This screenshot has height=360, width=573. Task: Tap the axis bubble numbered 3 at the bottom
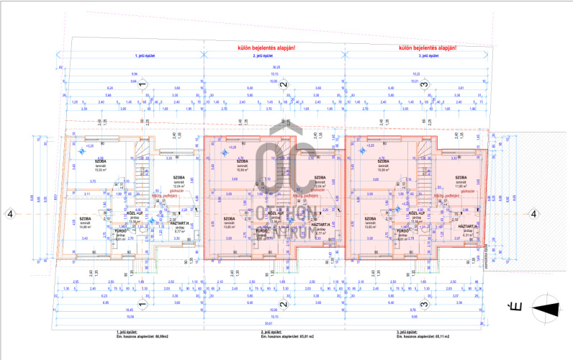click(425, 304)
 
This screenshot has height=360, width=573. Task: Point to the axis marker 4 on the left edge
click(9, 213)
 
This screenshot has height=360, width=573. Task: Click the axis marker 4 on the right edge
click(533, 213)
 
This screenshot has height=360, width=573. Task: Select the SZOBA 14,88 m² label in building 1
click(85, 221)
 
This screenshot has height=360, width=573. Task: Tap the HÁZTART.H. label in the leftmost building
click(180, 225)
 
